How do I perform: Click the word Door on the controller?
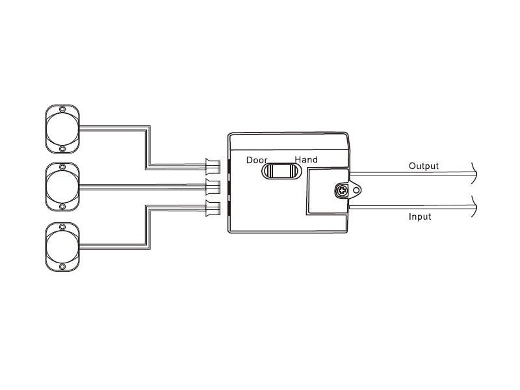[x=257, y=160]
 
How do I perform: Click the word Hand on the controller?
[x=306, y=160]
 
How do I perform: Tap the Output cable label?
[x=423, y=166]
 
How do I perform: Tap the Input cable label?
[x=419, y=216]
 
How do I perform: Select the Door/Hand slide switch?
[x=281, y=171]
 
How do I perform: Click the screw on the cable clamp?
[x=341, y=190]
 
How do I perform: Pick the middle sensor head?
[x=62, y=187]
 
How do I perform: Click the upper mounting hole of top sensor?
[x=62, y=109]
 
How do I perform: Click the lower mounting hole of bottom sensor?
[x=62, y=266]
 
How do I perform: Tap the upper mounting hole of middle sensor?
[x=62, y=167]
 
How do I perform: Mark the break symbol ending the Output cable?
[x=476, y=173]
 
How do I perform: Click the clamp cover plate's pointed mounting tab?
[x=356, y=190]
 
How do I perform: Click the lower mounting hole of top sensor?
[x=62, y=148]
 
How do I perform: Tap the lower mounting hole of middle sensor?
[x=62, y=206]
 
